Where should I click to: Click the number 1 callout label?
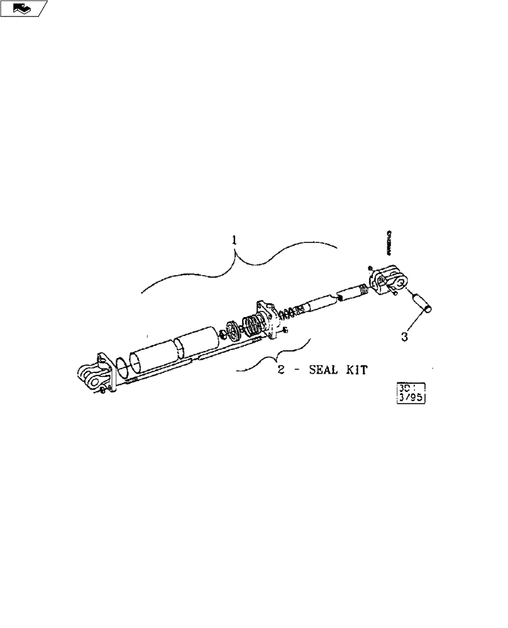click(x=234, y=240)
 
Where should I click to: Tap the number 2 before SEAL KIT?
click(x=282, y=371)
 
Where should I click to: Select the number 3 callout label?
click(x=404, y=336)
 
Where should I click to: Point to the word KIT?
click(x=356, y=371)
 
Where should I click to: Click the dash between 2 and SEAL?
click(x=297, y=371)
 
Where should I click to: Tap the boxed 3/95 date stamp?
click(x=412, y=391)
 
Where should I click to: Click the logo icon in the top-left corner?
click(x=23, y=8)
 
